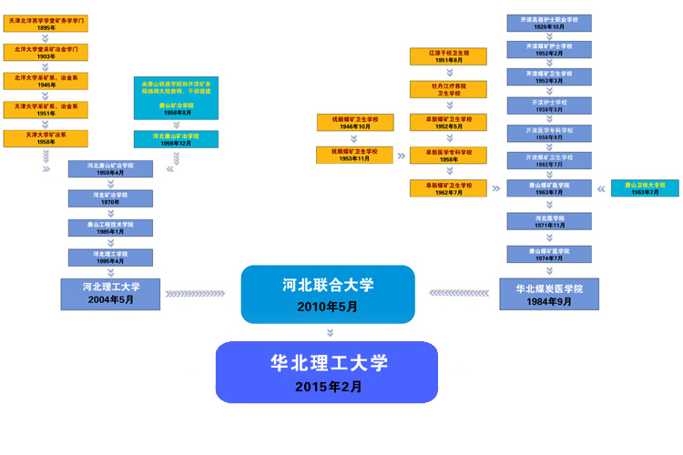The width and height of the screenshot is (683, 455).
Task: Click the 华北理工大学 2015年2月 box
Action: tap(327, 372)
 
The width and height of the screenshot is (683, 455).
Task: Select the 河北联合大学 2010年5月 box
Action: tap(327, 294)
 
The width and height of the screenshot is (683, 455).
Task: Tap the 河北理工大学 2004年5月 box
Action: tap(111, 293)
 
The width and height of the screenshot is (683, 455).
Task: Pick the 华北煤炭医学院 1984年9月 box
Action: tap(548, 294)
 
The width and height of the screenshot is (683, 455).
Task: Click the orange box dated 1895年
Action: tap(46, 24)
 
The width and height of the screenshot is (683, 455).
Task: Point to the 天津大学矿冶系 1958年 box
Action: tap(46, 138)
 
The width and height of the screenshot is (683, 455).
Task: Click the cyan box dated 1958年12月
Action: tap(176, 139)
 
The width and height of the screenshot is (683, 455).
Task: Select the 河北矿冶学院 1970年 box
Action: tap(110, 198)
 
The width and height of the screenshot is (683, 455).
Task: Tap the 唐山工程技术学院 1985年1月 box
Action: tap(110, 227)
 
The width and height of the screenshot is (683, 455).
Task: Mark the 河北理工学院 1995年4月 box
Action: tap(110, 257)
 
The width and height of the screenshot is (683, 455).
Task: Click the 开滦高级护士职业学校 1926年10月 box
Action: tap(548, 23)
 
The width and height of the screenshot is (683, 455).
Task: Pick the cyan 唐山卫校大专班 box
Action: tap(645, 188)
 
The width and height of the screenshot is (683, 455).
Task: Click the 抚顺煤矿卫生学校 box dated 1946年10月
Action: tap(354, 122)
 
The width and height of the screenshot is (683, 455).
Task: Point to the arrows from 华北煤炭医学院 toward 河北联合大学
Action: tap(462, 293)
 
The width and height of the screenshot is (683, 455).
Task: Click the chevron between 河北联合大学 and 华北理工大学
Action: tap(327, 332)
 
